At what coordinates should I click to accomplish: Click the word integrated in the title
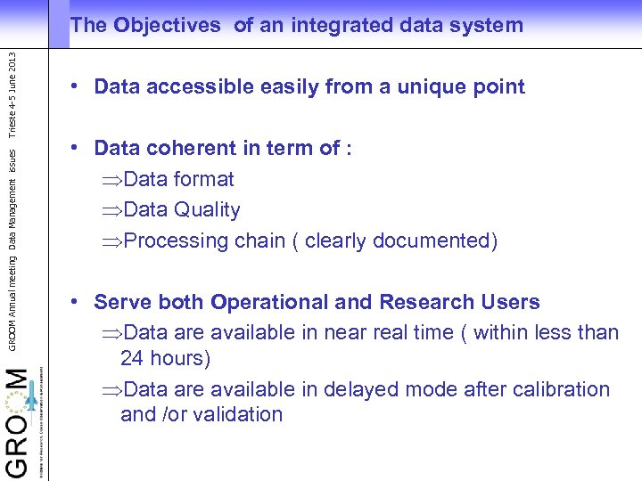coord(340,26)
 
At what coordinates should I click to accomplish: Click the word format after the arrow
coord(204,179)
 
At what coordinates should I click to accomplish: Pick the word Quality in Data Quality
coord(207,210)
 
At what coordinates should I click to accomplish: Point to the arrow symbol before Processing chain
coord(112,241)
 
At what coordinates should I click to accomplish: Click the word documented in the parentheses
coord(430,240)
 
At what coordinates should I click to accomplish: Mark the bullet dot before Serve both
coord(78,302)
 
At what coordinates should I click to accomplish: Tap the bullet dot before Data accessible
coord(78,86)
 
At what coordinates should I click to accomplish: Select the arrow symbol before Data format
coord(112,180)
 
